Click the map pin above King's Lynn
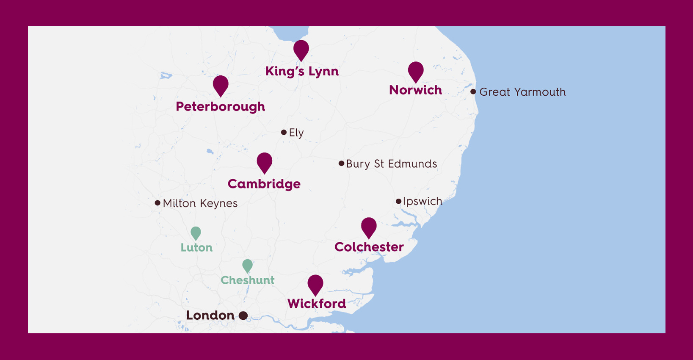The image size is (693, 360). coord(301,49)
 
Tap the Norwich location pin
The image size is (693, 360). coord(416,70)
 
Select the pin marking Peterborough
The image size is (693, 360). coord(221,84)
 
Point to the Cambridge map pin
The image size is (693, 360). coord(265,161)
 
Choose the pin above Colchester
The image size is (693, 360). coord(369,226)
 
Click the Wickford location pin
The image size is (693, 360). coord(315,283)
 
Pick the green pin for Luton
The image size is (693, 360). coord(196,232)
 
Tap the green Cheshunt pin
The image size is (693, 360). coord(248,265)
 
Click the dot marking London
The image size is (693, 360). coord(243,316)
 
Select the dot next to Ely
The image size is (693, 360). coord(284,133)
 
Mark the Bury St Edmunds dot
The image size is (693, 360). coord(341,163)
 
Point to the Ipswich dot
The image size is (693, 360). coord(398,201)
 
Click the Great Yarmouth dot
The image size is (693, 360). coord(473,91)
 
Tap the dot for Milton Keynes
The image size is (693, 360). coord(157,203)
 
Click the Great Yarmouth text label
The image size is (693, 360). coord(522,92)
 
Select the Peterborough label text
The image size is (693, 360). coord(221,107)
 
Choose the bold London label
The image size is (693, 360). coord(210,316)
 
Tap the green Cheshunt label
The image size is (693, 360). coord(248,280)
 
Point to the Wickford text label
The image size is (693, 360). coord(317,304)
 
